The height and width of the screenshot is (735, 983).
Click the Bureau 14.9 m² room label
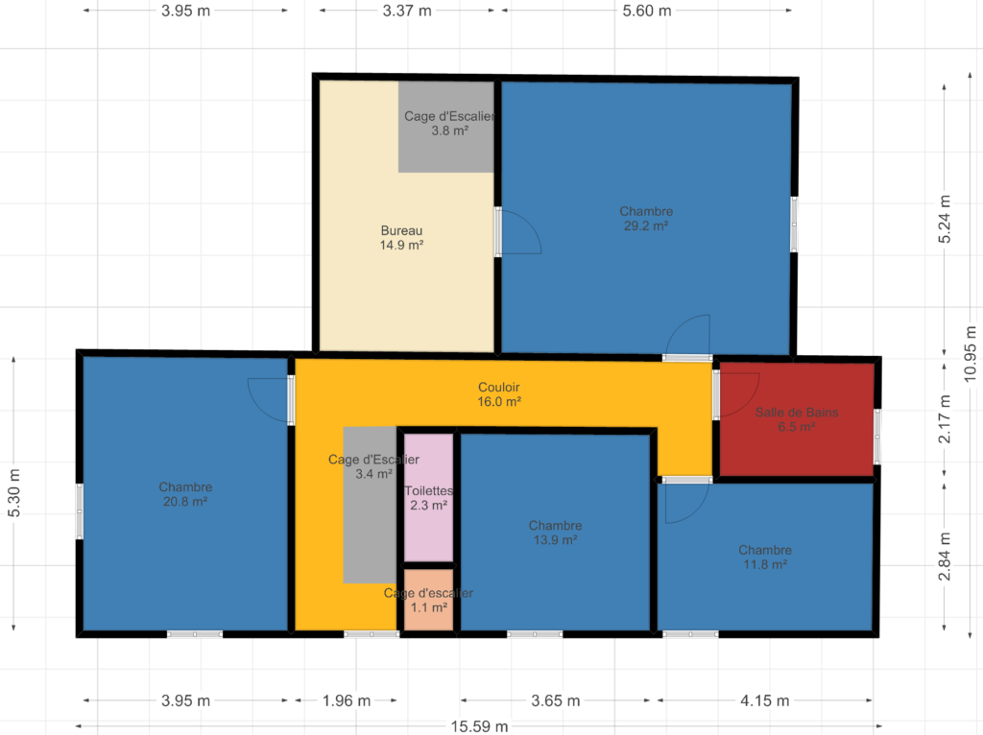401,238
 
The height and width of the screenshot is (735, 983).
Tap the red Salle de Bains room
797,418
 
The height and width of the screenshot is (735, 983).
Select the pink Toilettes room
428,498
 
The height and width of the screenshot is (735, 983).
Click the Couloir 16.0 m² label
499,394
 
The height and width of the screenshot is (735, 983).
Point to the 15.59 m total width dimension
480,726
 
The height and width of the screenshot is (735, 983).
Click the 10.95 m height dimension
971,353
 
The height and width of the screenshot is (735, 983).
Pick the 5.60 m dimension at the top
647,11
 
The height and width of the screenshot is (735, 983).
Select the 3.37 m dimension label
407,11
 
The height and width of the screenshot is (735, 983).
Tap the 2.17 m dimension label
945,418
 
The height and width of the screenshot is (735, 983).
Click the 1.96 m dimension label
346,700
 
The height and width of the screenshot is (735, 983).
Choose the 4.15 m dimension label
765,700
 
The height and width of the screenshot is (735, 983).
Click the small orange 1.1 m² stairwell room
428,600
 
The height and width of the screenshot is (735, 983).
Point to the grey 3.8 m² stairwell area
445,127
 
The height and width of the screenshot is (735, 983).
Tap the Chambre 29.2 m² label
646,219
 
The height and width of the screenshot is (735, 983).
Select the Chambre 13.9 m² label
555,533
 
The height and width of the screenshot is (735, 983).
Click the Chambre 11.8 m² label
765,557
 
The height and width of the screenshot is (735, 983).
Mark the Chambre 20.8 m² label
185,494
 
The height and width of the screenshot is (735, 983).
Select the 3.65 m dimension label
556,700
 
